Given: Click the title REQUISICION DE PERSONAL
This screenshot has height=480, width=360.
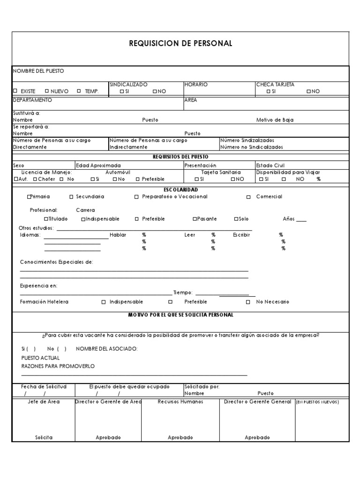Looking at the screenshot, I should [x=180, y=44].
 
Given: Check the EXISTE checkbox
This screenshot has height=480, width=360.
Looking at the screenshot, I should [x=15, y=91].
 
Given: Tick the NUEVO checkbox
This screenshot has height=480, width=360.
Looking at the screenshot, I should [x=46, y=91].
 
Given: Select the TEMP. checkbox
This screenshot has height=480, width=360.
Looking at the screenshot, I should [x=79, y=91].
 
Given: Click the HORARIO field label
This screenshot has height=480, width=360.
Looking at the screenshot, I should [x=196, y=84].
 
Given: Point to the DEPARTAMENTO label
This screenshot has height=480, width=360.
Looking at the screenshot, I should [x=32, y=100].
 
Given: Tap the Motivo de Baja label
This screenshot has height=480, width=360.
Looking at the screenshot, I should [x=275, y=120].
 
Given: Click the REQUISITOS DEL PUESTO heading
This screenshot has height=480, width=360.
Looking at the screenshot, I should [x=180, y=157].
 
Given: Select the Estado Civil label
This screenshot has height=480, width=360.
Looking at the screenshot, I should [x=270, y=165].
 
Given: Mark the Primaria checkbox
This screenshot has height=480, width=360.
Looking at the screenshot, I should [x=29, y=197].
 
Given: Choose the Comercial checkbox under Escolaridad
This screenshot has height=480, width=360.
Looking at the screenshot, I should [x=248, y=197].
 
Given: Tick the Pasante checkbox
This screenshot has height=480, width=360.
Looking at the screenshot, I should [x=195, y=219].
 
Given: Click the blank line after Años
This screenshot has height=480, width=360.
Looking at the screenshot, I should [x=301, y=220].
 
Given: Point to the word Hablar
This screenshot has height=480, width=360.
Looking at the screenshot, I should [x=118, y=235].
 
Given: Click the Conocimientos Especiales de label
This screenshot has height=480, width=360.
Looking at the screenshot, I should [x=56, y=262].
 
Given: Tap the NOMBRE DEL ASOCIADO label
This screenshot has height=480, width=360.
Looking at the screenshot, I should [x=106, y=349].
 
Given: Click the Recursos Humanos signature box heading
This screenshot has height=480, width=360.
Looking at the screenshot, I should [x=180, y=402].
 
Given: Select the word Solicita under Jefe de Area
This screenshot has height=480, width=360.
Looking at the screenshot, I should [x=44, y=437].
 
